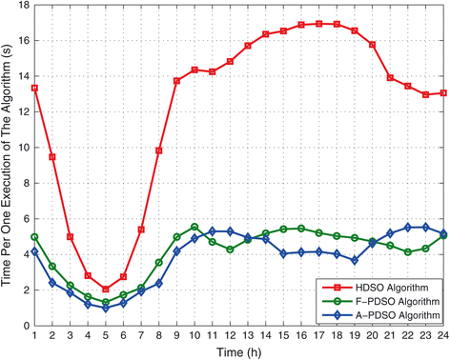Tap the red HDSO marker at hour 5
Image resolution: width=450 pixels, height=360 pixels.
point(105,290)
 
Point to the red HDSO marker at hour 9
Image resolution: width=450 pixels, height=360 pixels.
point(176,81)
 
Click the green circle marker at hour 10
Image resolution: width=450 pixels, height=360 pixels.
point(194,227)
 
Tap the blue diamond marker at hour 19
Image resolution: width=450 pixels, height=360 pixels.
point(355,260)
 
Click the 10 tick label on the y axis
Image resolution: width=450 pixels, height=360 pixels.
point(22,148)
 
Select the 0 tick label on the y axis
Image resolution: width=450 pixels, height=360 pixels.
point(25,326)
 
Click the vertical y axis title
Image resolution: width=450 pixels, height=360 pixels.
point(8,167)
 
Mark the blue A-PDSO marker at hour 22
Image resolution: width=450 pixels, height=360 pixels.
point(408,228)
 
